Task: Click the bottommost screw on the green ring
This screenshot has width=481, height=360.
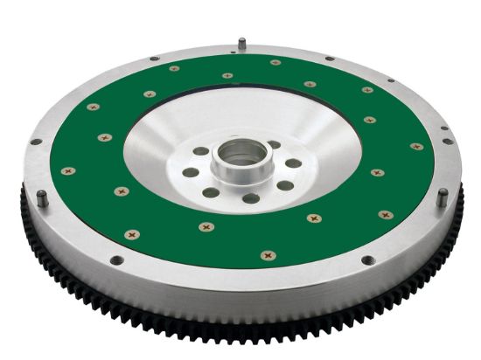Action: click(268, 255)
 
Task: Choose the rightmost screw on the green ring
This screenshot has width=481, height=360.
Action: click(417, 147)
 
